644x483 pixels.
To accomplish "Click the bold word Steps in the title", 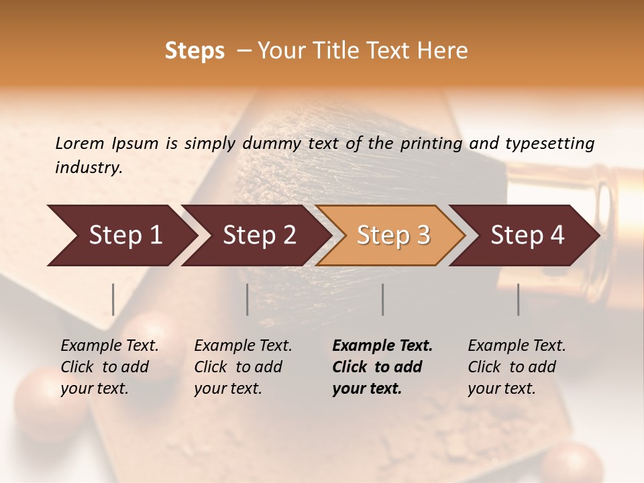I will click(195, 51).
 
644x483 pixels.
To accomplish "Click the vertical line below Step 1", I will click(113, 299).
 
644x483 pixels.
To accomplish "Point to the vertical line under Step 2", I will click(248, 299).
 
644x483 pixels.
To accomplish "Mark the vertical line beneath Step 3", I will click(382, 299).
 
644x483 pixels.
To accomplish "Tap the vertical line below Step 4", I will click(518, 299).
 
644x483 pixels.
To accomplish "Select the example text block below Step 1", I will click(109, 367).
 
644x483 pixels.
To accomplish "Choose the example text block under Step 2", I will click(242, 367).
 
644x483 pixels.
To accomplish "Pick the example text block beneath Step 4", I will click(516, 367).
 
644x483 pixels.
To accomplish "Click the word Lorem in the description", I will click(80, 143).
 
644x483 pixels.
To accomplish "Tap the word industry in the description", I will click(88, 168).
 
